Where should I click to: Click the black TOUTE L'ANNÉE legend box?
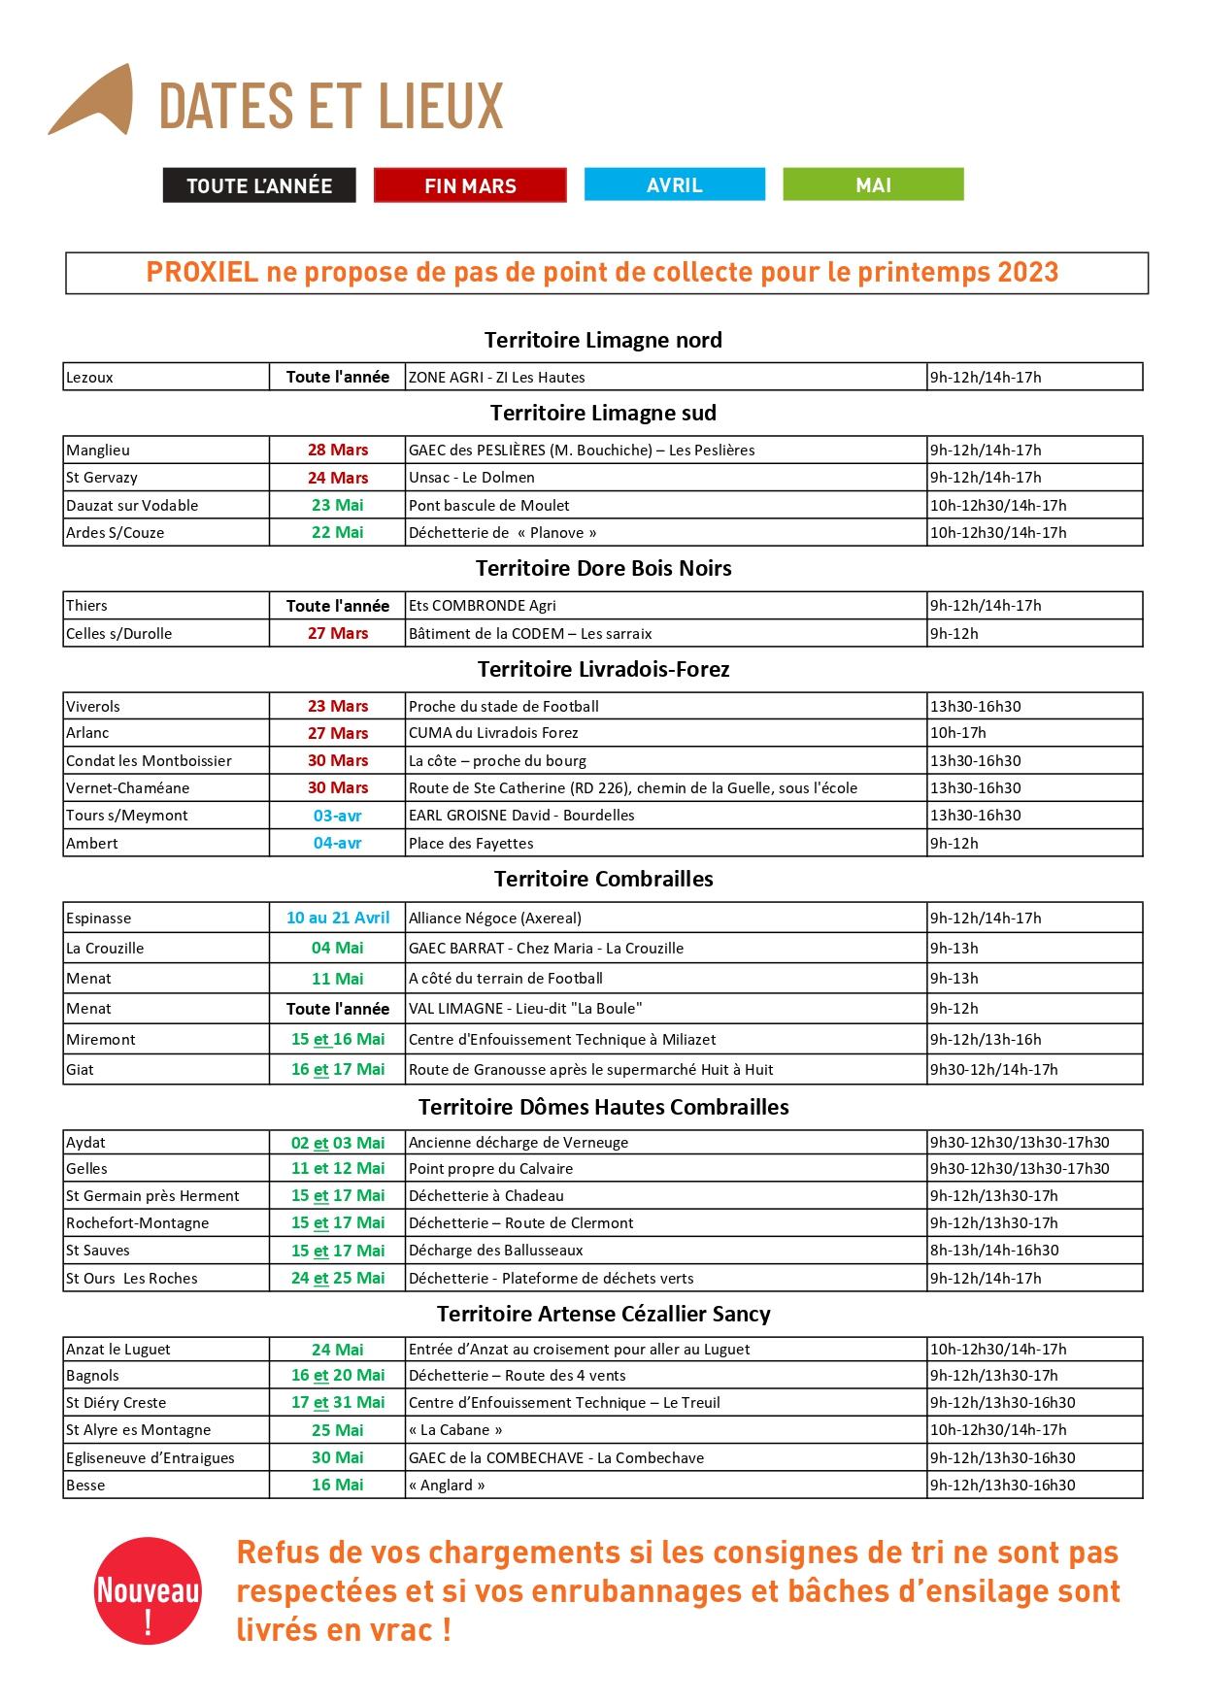pyautogui.click(x=259, y=185)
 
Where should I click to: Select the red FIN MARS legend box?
pyautogui.click(x=470, y=185)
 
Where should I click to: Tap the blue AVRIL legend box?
pyautogui.click(x=674, y=184)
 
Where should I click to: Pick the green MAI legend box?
pyautogui.click(x=873, y=184)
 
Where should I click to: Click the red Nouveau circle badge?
pyautogui.click(x=148, y=1590)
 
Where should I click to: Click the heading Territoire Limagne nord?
pyautogui.click(x=603, y=340)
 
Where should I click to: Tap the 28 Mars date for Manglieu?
pyautogui.click(x=338, y=450)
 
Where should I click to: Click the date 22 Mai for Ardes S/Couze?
pyautogui.click(x=338, y=532)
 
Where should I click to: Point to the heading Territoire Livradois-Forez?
pyautogui.click(x=603, y=669)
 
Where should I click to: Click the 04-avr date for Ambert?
pyautogui.click(x=338, y=843)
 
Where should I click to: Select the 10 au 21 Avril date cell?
pyautogui.click(x=338, y=918)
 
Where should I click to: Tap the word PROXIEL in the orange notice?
pyautogui.click(x=202, y=273)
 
